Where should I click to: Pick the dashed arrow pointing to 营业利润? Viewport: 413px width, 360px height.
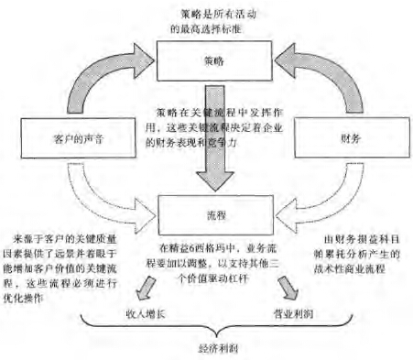pos(285,289)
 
